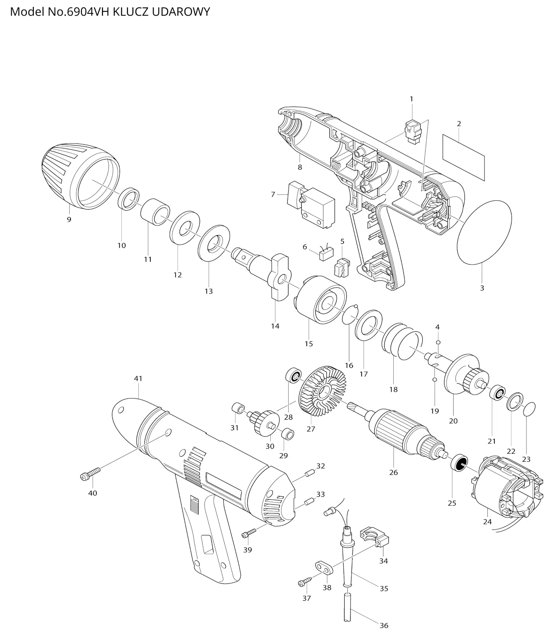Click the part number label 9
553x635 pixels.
[x=69, y=219]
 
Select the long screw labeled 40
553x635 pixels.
[x=90, y=473]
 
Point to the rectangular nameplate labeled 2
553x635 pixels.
[x=463, y=157]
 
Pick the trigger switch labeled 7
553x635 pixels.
[x=311, y=204]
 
